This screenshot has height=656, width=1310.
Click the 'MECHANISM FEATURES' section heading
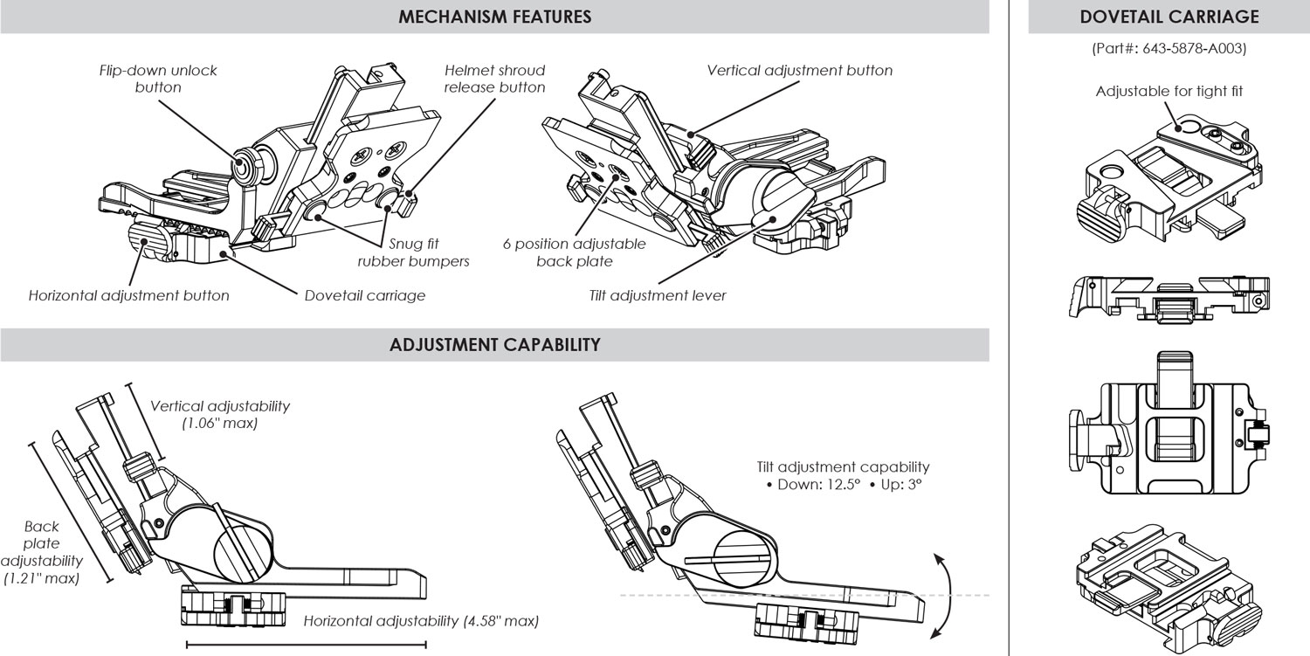pyautogui.click(x=494, y=17)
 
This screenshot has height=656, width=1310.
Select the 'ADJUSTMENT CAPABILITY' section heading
pyautogui.click(x=494, y=344)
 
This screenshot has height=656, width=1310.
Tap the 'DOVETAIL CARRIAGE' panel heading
pyautogui.click(x=1169, y=17)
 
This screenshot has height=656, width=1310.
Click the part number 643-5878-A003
pyautogui.click(x=1169, y=49)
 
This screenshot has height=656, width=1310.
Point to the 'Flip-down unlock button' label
pyautogui.click(x=158, y=79)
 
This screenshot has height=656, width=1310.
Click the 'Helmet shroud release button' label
pyautogui.click(x=494, y=79)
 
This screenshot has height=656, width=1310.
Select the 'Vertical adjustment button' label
pyautogui.click(x=799, y=70)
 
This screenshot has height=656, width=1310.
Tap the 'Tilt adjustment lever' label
pyautogui.click(x=658, y=295)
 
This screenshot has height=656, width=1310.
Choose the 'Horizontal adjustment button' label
pyautogui.click(x=128, y=295)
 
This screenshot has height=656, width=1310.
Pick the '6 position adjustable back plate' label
pyautogui.click(x=574, y=252)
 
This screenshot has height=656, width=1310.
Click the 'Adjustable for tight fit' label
pyautogui.click(x=1169, y=91)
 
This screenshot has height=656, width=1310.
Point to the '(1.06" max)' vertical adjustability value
pyautogui.click(x=220, y=424)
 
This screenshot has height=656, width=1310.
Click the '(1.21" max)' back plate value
pyautogui.click(x=42, y=577)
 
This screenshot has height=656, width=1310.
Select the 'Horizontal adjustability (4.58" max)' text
pyautogui.click(x=421, y=621)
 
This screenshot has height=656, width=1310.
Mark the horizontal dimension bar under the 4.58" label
pyautogui.click(x=306, y=646)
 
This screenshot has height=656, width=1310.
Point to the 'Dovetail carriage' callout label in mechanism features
pyautogui.click(x=364, y=295)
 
